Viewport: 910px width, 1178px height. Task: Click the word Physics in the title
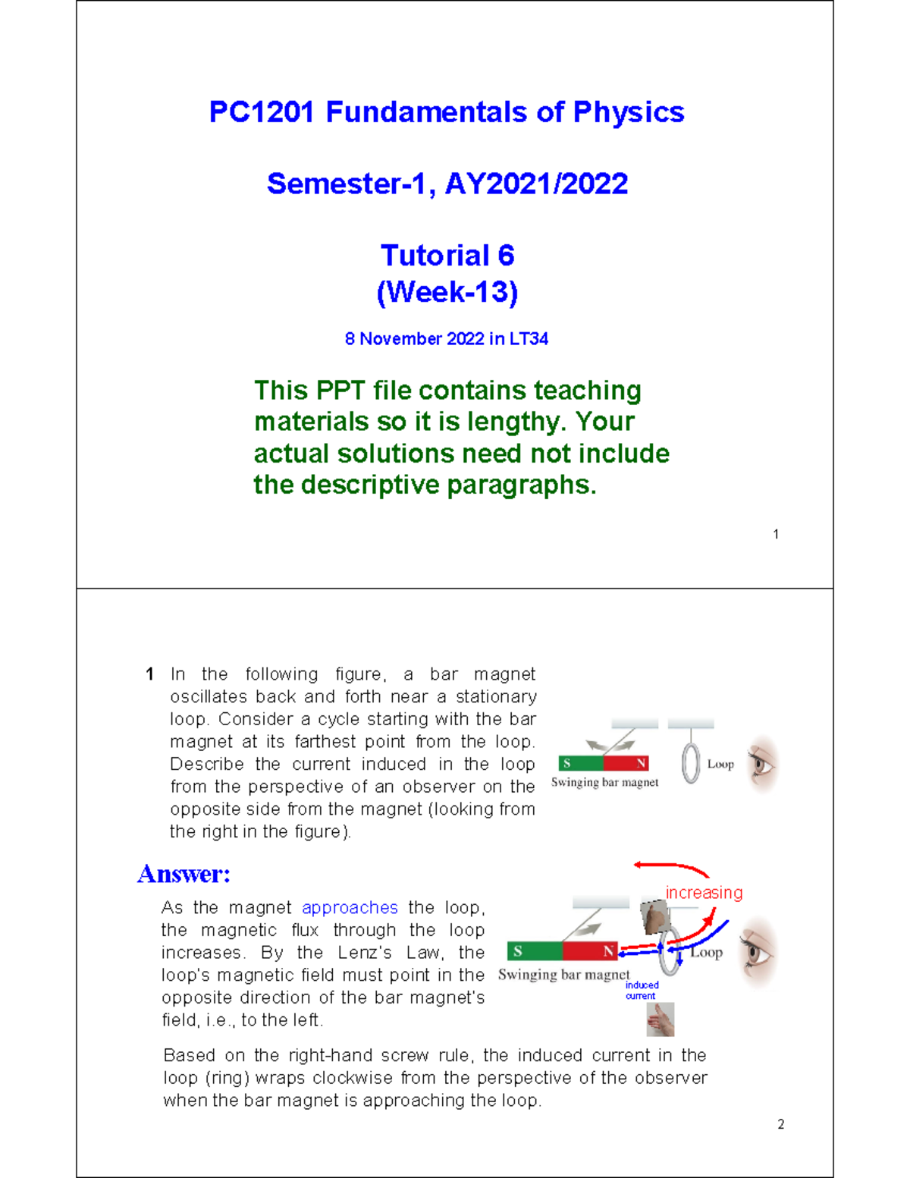tap(629, 112)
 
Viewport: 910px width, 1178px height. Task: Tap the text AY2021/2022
tap(536, 184)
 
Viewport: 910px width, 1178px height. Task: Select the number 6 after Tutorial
tap(506, 256)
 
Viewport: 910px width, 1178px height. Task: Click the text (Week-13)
tap(447, 292)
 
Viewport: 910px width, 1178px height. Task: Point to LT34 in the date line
tap(529, 339)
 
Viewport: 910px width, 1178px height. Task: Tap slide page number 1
tap(776, 534)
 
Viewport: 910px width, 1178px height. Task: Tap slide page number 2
tap(781, 1124)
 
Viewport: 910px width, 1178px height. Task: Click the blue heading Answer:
tap(184, 874)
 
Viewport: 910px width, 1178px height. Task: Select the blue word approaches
tap(350, 908)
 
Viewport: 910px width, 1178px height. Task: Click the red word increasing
tap(704, 893)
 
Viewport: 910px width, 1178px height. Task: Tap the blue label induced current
tap(642, 991)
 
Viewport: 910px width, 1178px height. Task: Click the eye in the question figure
tap(762, 763)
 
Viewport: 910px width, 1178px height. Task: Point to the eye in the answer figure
tap(758, 951)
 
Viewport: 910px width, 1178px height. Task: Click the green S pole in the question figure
tap(581, 764)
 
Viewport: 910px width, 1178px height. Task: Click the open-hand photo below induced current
tap(661, 1020)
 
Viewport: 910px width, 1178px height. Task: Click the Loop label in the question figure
tap(720, 764)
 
